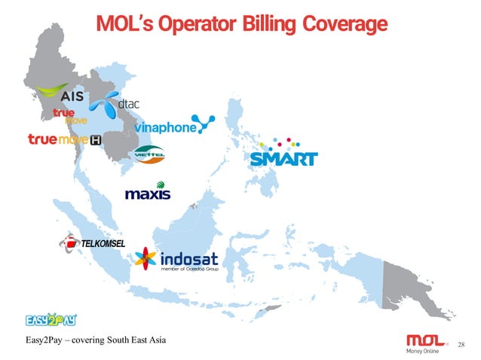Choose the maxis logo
click(x=147, y=192)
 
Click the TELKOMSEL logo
click(x=91, y=243)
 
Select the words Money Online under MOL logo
click(x=419, y=349)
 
